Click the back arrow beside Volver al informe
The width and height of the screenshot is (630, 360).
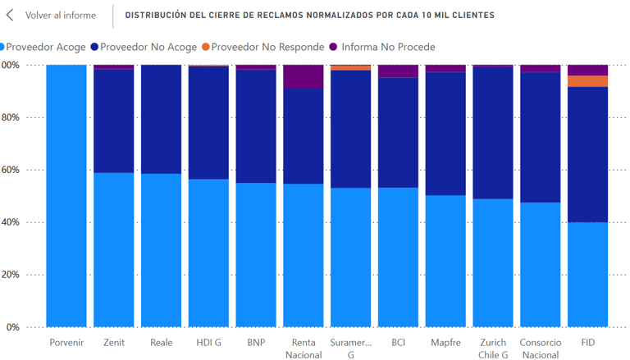click(x=11, y=16)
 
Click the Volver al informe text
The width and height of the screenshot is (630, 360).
click(x=60, y=16)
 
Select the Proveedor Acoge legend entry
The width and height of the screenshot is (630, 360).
click(x=45, y=47)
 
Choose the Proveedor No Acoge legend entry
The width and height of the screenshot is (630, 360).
click(x=148, y=47)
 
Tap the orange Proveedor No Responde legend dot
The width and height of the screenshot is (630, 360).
click(x=206, y=47)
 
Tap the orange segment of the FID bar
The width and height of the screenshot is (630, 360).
click(x=587, y=81)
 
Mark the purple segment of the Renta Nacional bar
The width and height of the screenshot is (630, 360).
click(x=304, y=76)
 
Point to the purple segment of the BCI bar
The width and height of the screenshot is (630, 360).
click(x=398, y=71)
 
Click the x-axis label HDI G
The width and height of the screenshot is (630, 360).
click(x=208, y=342)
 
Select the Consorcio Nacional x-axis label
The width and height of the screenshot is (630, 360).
click(x=540, y=349)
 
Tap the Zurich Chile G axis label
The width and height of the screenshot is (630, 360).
click(x=493, y=349)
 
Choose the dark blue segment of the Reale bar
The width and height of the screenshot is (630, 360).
click(x=161, y=120)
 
